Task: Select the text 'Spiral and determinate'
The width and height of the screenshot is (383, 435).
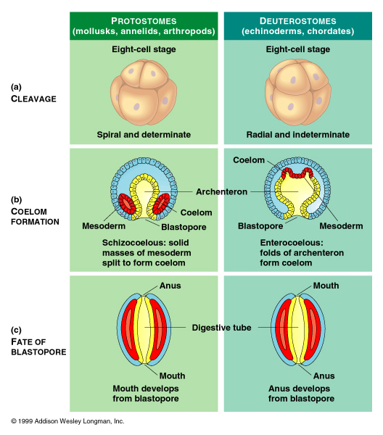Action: point(144,135)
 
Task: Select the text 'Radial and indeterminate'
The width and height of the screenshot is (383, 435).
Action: point(297,135)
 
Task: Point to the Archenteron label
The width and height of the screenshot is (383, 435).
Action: point(221,191)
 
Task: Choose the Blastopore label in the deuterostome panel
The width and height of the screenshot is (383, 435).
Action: point(260,225)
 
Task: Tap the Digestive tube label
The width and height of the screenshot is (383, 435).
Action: point(221,328)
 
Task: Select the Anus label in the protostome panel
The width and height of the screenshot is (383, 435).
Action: point(170,286)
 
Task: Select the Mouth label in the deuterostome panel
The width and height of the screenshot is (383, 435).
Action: point(326,286)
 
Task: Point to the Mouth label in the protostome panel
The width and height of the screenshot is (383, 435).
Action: point(172,376)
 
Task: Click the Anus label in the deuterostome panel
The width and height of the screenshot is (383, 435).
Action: point(324,376)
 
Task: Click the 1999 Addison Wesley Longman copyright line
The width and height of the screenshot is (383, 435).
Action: point(67,420)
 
